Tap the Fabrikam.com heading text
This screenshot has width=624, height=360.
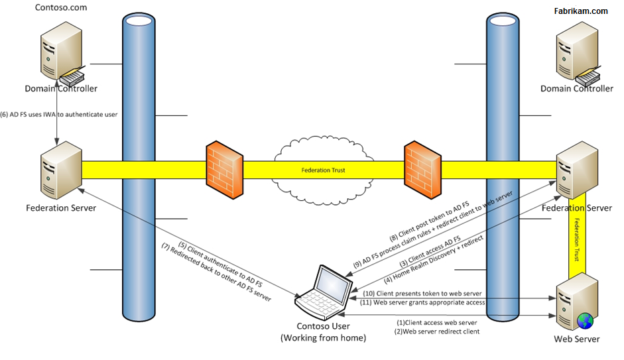pos(580,11)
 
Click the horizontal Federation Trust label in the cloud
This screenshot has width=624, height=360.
pos(323,170)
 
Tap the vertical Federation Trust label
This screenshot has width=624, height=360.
pos(577,239)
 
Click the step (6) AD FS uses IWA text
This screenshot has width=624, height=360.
pos(60,114)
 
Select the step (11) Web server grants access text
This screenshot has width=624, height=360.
pos(424,302)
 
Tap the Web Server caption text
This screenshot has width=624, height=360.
pos(576,339)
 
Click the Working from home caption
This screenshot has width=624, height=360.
pos(322,338)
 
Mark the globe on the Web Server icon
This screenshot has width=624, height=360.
pos(584,321)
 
